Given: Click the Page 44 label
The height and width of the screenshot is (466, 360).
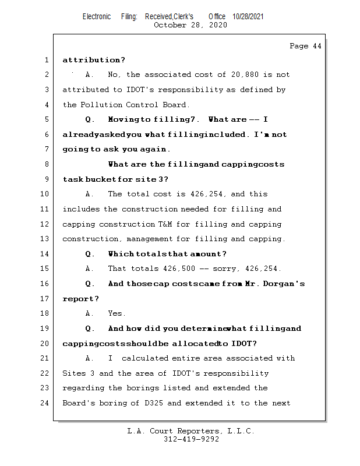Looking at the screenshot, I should [305, 46].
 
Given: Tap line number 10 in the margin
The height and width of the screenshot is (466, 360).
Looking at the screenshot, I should [45, 194].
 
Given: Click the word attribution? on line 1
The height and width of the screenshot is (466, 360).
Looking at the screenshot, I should [94, 59].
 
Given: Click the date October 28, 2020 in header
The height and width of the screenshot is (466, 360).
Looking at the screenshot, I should [190, 25].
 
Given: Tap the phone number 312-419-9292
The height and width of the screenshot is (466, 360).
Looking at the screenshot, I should [191, 440].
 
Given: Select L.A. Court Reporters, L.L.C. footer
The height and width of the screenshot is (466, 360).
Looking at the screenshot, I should [191, 431].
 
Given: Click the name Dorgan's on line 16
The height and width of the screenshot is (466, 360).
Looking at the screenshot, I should [282, 284].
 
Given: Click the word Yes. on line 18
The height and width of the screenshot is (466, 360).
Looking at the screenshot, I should [117, 313].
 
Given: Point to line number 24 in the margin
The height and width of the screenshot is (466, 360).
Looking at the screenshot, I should [45, 403].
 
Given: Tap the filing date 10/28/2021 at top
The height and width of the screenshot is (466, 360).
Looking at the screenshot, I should [248, 16].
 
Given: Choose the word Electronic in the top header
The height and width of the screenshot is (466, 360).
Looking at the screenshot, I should [97, 16].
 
